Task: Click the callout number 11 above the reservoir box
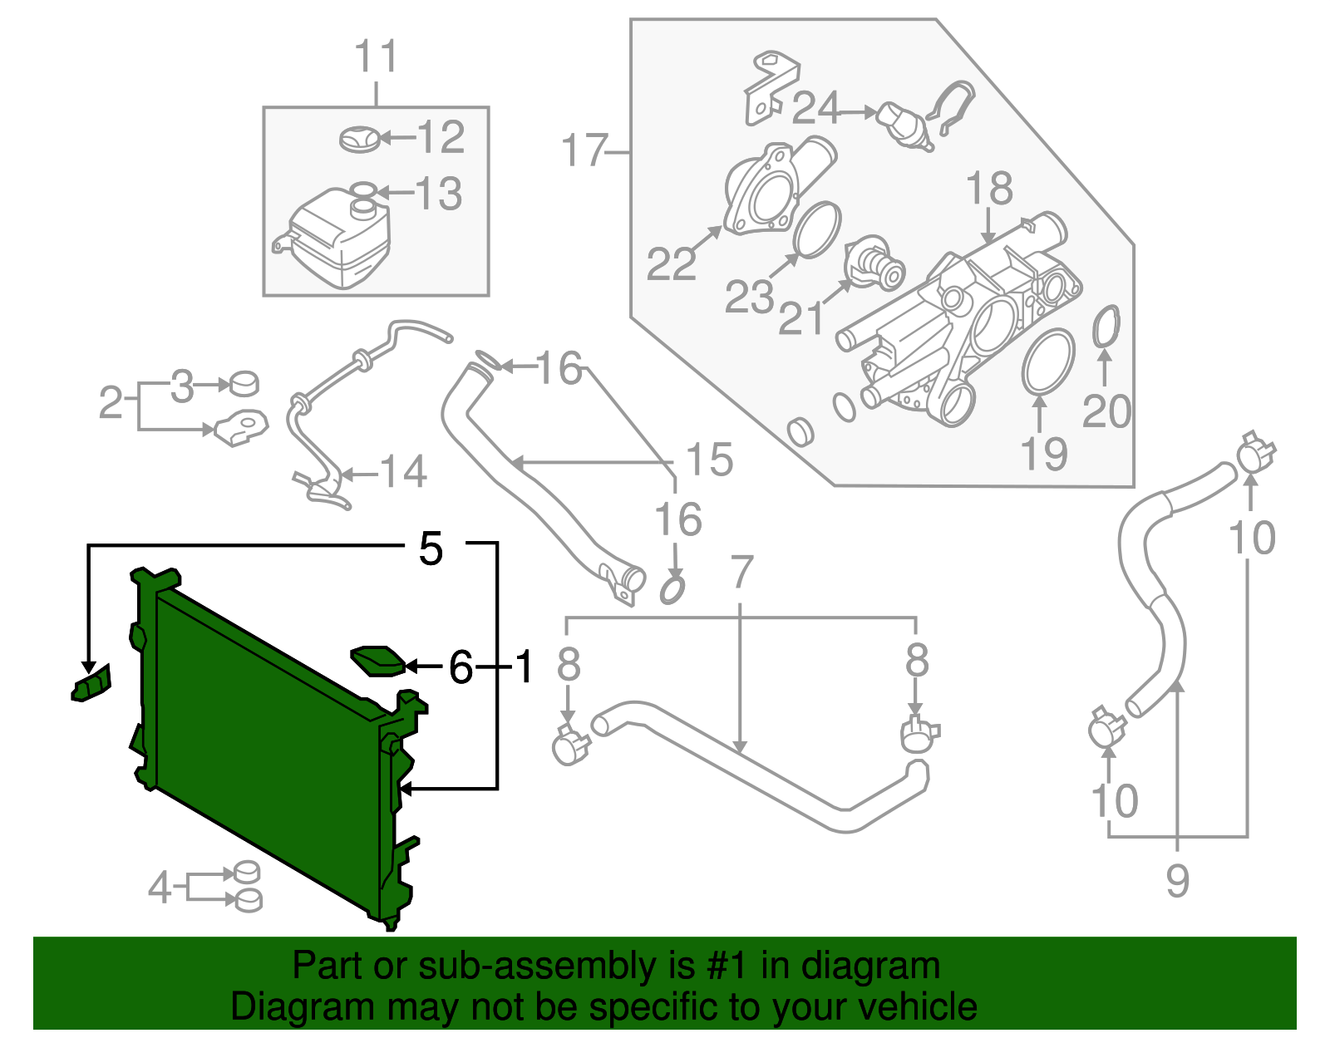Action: tap(376, 57)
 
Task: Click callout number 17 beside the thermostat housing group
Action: tap(584, 151)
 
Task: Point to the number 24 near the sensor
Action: tap(816, 108)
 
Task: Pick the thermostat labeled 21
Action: tap(873, 265)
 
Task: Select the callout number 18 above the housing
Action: tap(989, 189)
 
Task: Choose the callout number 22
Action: tap(671, 264)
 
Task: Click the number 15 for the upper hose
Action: tap(709, 460)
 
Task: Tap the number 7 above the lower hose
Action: tap(741, 573)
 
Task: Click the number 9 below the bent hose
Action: tap(1177, 881)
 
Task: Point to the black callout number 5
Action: tap(431, 549)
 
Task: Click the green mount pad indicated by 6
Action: tap(378, 661)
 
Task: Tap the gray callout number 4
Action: tap(160, 888)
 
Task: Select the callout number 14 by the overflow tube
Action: tap(404, 472)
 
